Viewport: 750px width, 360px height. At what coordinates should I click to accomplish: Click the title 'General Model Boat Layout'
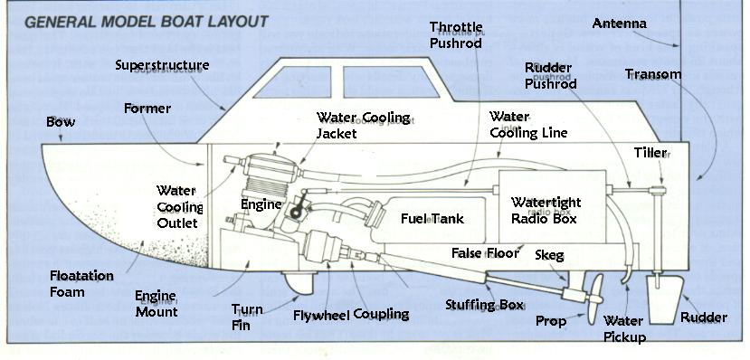[147, 22]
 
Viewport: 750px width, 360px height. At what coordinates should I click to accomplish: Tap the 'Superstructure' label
[162, 65]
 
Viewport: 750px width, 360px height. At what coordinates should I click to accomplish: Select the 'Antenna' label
[620, 23]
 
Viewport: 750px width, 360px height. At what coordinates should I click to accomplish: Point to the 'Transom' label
[653, 74]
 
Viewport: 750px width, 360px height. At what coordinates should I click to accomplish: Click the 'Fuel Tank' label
[432, 219]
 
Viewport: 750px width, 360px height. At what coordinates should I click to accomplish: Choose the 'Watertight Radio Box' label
[546, 210]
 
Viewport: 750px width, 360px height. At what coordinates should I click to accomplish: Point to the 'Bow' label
[61, 122]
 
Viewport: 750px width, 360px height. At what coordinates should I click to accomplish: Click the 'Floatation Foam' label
[81, 283]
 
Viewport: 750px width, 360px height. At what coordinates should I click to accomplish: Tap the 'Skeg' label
[549, 254]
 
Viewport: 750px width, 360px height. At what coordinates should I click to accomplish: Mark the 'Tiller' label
[650, 153]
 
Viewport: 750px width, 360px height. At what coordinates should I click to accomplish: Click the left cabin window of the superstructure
[292, 81]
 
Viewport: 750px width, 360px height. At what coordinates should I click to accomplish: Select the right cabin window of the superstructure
[391, 81]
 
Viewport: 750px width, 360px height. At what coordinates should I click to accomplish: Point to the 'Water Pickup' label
[624, 329]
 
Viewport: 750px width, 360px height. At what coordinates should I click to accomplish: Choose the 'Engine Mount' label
[157, 304]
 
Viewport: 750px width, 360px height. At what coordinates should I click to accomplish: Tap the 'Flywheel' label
[322, 315]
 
